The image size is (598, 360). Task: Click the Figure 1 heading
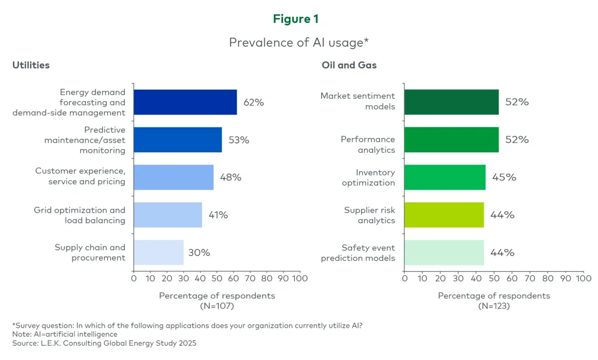tap(295, 19)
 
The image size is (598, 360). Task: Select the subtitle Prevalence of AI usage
tap(299, 42)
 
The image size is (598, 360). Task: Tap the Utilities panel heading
tap(31, 65)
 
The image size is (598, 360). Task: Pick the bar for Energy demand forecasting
tap(185, 102)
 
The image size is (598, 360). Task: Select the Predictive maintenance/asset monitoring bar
tap(178, 140)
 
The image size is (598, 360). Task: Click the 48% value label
tap(230, 178)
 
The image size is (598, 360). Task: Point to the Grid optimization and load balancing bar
tap(168, 215)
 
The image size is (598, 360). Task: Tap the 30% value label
tap(199, 253)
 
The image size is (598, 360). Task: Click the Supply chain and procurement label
tap(90, 253)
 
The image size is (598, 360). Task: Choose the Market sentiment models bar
tap(451, 102)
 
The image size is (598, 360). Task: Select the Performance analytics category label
tap(368, 145)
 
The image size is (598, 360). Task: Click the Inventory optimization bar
tap(445, 178)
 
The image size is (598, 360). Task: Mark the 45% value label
tap(504, 178)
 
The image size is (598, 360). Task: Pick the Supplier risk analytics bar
tap(444, 215)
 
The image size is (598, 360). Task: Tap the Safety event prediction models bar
tap(444, 253)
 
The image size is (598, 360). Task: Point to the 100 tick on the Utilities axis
tap(300, 279)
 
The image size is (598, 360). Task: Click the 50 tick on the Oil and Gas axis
tap(494, 279)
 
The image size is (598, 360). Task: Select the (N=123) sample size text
tap(494, 306)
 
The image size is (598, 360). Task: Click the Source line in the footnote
tap(104, 343)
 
